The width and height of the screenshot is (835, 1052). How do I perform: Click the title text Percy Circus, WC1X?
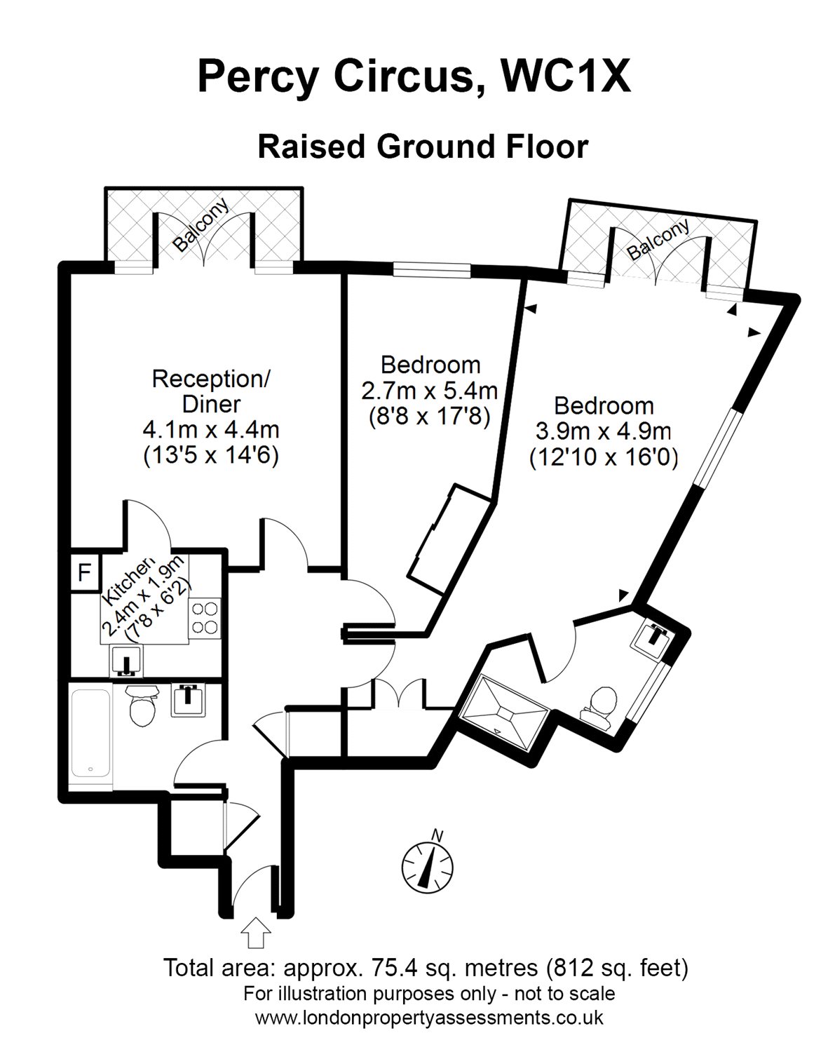tap(414, 77)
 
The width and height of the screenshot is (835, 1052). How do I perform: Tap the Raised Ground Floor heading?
tap(423, 147)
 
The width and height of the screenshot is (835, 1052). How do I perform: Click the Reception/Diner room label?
tap(211, 391)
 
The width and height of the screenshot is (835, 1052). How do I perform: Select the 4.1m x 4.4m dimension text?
tap(211, 429)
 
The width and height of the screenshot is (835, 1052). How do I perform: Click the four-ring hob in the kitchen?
tap(205, 617)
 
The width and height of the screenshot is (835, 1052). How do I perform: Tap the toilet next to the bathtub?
tap(144, 706)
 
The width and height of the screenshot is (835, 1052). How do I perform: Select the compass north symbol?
tap(427, 859)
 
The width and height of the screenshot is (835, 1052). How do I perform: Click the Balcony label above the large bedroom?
tap(659, 241)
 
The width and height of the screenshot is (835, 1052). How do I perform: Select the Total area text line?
tap(425, 969)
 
